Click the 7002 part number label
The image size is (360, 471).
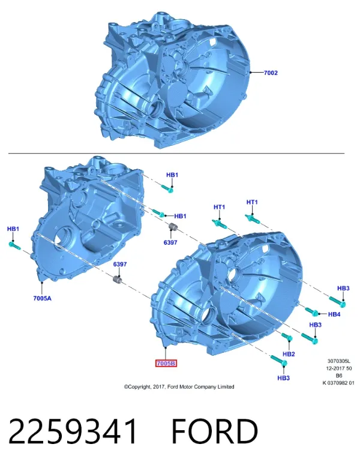click(271, 73)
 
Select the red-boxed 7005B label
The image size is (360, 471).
click(166, 364)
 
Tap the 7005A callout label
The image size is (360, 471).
click(42, 298)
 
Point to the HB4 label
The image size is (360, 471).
click(334, 314)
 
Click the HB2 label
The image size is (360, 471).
click(289, 354)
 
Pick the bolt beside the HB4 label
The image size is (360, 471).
click(311, 312)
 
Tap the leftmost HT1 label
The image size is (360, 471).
click(219, 207)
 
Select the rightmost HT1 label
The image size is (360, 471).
click(252, 202)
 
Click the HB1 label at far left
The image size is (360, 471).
click(13, 229)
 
